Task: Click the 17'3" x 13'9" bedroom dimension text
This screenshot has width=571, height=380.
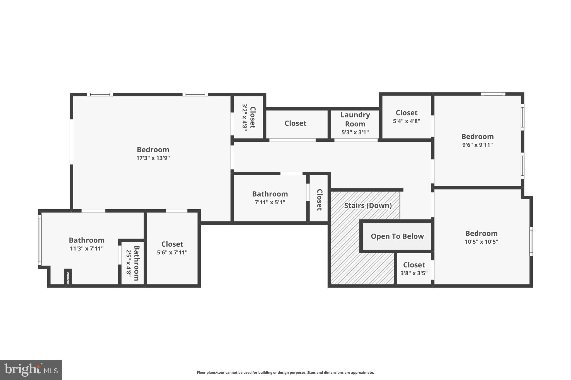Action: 153,158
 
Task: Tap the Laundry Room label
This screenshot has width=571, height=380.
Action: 355,119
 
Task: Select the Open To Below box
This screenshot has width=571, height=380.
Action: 397,236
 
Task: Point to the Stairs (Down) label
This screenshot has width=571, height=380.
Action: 368,205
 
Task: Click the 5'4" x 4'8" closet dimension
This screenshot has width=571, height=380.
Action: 407,121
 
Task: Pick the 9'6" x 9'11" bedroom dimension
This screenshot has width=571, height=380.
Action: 477,145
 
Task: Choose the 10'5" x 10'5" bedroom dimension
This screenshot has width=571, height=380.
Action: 481,242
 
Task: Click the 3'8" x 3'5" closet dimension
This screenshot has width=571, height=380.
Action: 414,273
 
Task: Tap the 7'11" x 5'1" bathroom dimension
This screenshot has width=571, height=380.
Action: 270,202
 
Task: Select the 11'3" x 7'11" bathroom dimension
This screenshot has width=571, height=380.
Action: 86,248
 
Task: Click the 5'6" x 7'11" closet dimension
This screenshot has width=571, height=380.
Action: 172,252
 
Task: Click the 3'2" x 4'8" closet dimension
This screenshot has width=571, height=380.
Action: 245,117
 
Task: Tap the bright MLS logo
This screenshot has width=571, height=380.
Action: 31,370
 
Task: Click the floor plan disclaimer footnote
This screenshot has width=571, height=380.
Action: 285,372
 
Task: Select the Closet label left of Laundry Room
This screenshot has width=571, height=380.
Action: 295,123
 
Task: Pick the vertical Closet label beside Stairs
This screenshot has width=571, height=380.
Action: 320,200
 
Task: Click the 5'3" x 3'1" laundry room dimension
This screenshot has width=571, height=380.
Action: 355,132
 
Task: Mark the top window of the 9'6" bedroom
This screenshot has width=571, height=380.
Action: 493,94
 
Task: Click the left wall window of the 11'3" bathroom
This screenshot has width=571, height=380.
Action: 40,240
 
